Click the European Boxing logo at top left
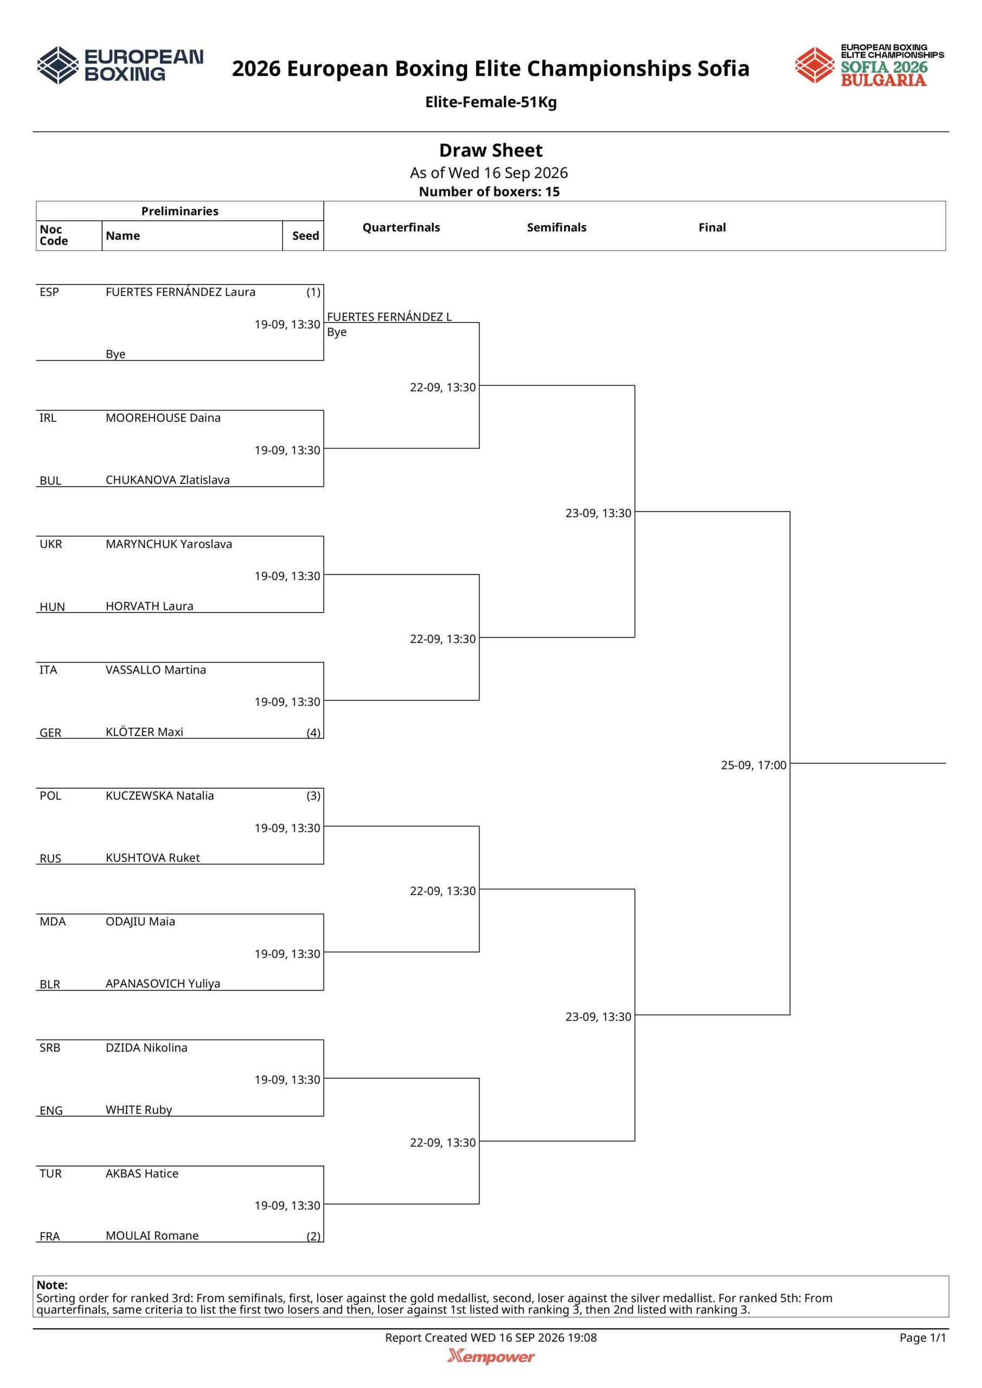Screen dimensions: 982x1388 [x=120, y=65]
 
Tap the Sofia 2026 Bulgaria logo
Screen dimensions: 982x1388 [x=870, y=65]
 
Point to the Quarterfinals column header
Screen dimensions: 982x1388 [x=401, y=227]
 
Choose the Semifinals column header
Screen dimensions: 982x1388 [x=556, y=227]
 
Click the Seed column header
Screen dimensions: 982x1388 [x=305, y=236]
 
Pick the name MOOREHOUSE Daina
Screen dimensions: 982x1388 [x=163, y=417]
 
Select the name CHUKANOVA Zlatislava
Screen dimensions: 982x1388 [x=168, y=480]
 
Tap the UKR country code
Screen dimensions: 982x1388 [x=51, y=544]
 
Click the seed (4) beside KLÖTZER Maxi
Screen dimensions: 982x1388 [x=313, y=732]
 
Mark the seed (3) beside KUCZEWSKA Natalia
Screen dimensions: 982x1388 [x=313, y=795]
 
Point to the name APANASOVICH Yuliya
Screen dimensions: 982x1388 [x=163, y=984]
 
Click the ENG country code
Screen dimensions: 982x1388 [x=52, y=1110]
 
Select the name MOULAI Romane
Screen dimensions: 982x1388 [x=152, y=1236]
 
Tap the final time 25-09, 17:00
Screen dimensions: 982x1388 [x=753, y=766]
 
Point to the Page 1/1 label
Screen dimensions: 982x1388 [x=923, y=1338]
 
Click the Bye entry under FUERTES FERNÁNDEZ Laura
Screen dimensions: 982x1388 [x=115, y=354]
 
